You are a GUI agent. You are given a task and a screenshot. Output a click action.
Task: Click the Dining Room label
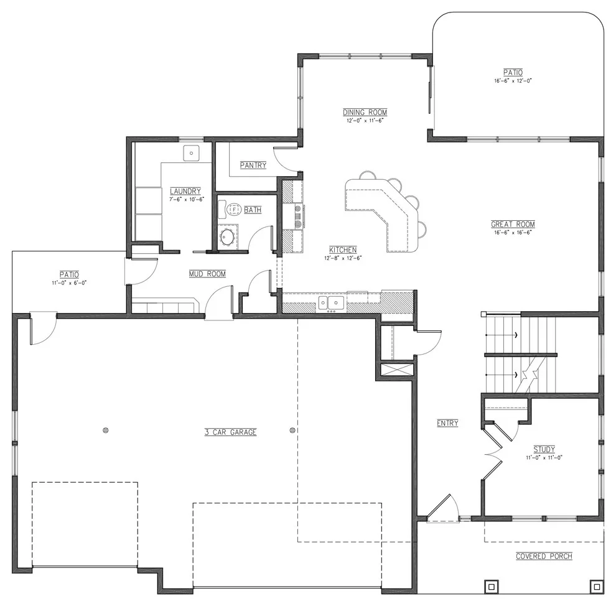coord(365,113)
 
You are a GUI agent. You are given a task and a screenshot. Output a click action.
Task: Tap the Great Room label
coord(513,224)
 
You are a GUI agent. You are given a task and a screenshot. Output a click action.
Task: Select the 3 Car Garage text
coord(231,432)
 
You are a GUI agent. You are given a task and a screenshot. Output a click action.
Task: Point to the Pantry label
coord(253,165)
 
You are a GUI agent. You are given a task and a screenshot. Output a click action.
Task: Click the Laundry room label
coord(185,191)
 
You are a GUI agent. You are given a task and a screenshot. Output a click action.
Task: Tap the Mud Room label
coord(207,274)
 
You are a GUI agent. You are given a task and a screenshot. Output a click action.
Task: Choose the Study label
coord(544,449)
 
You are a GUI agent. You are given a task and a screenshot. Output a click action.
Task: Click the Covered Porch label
coord(544,556)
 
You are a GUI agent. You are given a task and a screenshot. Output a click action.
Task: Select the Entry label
coord(447,423)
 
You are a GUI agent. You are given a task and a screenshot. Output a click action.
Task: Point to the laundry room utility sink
coord(191,153)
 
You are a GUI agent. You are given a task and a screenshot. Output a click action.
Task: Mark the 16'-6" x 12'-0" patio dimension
coord(513,81)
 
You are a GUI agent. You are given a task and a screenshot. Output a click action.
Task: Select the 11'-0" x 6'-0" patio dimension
coord(69,282)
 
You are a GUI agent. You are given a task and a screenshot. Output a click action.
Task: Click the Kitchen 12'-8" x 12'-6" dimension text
coord(343,258)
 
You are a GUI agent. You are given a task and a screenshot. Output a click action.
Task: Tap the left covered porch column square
coord(492,587)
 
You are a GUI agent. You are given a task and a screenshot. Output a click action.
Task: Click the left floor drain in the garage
coord(105,430)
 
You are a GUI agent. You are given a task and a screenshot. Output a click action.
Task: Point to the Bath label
coord(253,210)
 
